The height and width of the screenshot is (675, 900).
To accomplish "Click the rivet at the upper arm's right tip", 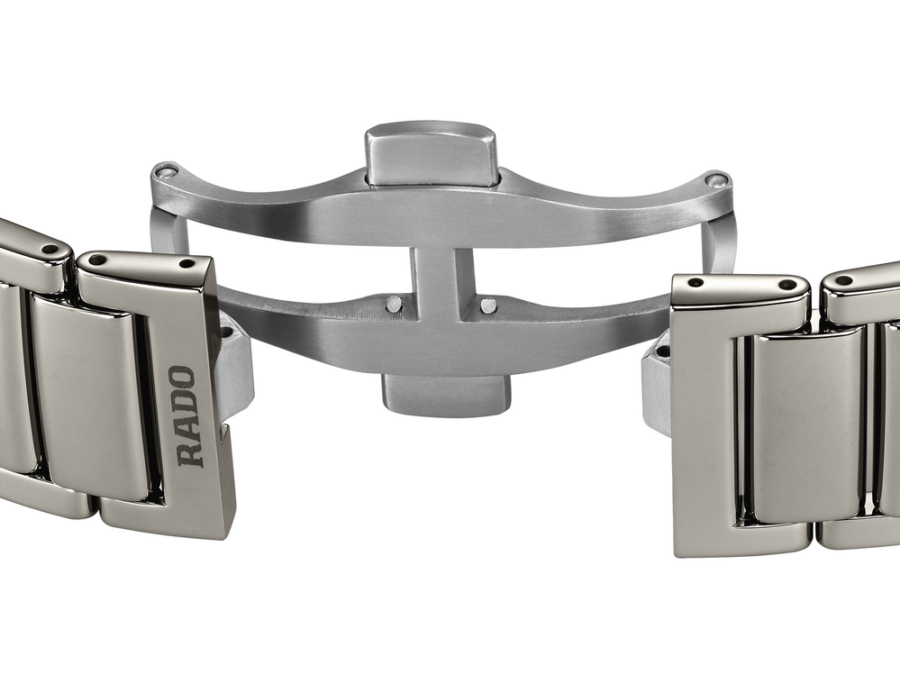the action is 715,180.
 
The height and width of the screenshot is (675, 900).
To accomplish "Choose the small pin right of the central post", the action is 488,306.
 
